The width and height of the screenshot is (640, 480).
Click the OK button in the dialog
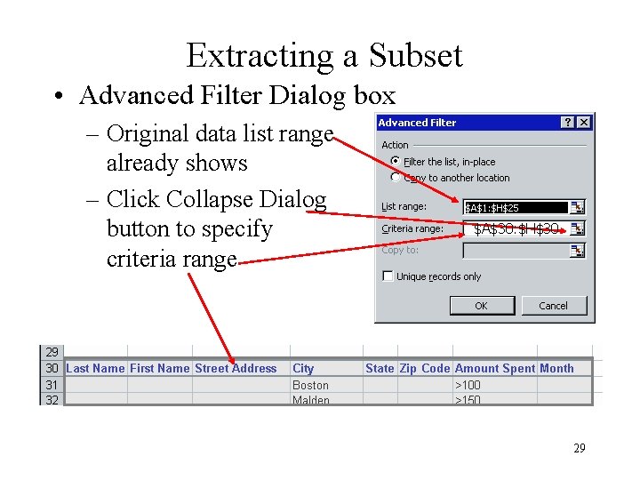click(x=481, y=306)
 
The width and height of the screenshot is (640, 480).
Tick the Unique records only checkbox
click(x=388, y=276)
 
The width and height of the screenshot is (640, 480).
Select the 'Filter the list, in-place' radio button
click(x=395, y=162)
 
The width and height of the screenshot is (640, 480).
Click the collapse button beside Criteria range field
click(x=578, y=228)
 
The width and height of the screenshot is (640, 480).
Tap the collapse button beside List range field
click(x=578, y=207)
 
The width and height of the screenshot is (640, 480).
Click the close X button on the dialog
click(x=584, y=123)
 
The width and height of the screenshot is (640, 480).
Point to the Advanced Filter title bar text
click(x=417, y=123)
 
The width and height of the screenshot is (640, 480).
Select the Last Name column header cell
click(x=95, y=368)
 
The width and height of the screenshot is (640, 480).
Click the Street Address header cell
click(x=236, y=368)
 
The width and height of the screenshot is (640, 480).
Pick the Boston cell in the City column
click(x=310, y=385)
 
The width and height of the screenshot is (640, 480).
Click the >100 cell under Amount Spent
click(x=468, y=385)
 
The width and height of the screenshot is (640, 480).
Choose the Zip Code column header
click(x=425, y=368)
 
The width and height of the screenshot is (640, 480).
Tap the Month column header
click(x=557, y=368)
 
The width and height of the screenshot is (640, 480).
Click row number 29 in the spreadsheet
click(x=52, y=352)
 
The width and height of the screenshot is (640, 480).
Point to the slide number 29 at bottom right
click(x=579, y=448)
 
